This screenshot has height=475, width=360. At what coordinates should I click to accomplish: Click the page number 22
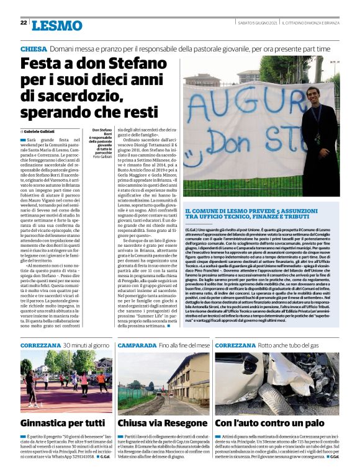coord(24,23)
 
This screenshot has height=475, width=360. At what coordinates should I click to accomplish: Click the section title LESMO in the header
coord(56,25)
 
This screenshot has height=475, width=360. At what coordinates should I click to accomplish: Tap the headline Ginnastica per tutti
coord(63,424)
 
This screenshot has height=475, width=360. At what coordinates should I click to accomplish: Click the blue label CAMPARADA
coord(137,344)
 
